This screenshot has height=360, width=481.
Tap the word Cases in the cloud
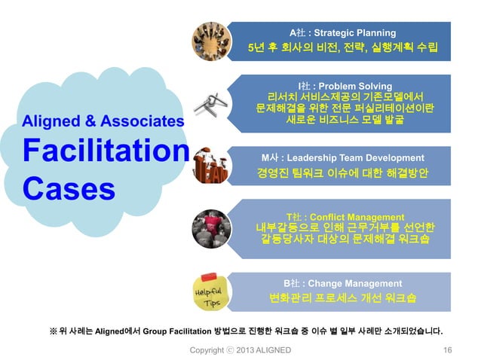pos(69,187)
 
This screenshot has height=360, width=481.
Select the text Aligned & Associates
pos(103,121)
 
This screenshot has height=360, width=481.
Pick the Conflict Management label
pos(345,217)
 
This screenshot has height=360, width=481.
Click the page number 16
pos(448,350)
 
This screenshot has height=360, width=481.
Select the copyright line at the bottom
pos(240,350)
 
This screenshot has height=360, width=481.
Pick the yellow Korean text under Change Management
pos(343,299)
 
